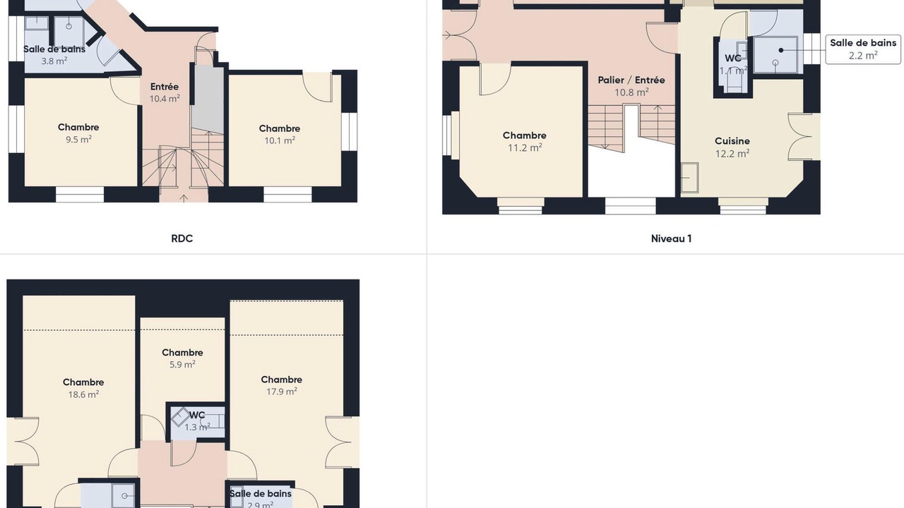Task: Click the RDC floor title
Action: point(182,238)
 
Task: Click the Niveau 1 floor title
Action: point(671,238)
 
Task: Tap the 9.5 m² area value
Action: point(78,140)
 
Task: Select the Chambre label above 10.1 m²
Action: point(279,128)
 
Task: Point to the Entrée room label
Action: point(165,87)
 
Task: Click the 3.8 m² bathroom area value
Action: point(54,61)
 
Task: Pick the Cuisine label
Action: point(732,141)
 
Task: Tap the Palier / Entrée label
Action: point(631,80)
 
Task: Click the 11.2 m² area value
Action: point(525,148)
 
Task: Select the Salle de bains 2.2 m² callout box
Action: point(863,49)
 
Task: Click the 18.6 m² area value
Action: point(83,394)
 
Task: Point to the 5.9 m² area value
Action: point(182,365)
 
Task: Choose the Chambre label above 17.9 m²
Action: point(281,380)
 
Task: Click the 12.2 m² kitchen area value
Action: point(732,154)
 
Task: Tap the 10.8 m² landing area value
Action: point(631,92)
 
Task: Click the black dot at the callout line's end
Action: point(781,50)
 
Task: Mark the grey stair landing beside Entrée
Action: point(208,99)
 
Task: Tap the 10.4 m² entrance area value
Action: point(165,99)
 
